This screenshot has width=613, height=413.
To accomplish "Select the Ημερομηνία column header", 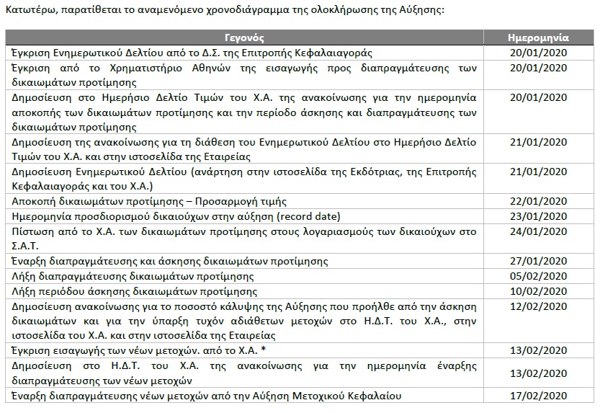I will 538,37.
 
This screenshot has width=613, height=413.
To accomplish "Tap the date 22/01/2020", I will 539,201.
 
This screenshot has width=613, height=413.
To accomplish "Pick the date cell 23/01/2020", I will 539,216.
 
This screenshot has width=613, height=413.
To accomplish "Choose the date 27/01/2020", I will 539,260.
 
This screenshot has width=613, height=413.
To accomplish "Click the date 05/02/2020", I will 539,275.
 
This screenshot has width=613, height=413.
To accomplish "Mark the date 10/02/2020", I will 539,291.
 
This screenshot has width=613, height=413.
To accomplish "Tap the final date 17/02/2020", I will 539,396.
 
